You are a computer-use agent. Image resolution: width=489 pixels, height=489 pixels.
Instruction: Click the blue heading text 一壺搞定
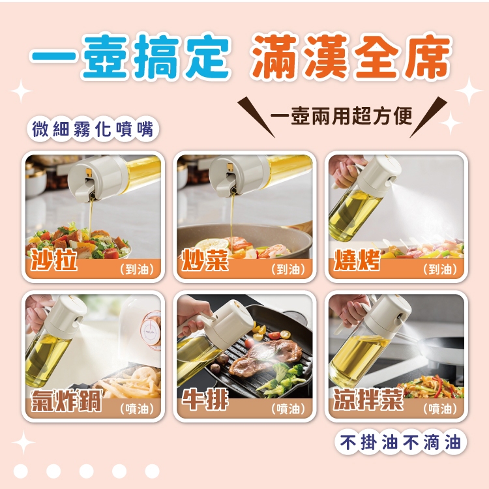pos(131,57)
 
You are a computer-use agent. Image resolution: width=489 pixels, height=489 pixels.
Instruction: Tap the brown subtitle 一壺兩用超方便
pos(342,115)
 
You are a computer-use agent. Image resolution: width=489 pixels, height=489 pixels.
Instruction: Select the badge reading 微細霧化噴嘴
pos(93,129)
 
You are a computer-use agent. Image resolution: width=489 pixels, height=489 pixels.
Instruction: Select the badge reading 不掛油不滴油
pos(400,442)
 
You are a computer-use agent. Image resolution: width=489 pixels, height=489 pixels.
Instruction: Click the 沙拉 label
pos(53,259)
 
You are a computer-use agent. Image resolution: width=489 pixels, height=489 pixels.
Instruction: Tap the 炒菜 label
pos(205,259)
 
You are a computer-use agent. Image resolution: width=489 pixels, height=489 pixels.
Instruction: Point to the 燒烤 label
pos(357,259)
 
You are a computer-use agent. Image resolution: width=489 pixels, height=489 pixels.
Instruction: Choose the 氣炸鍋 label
pos(66,400)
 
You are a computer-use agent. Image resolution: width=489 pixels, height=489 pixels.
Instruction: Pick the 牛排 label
pos(205,400)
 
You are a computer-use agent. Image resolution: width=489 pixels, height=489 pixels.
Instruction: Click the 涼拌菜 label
pos(368,400)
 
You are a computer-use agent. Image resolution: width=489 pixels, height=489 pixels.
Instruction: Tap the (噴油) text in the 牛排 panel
pos(288,409)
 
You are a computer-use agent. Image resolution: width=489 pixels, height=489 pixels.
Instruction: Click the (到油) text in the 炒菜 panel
pos(288,269)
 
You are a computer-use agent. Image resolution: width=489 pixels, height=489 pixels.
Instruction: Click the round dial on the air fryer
pos(151,330)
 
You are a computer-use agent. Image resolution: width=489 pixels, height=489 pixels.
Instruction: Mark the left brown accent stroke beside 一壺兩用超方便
pos(256,117)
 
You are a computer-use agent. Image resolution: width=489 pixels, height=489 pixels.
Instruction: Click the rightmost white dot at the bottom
pos(152,471)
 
